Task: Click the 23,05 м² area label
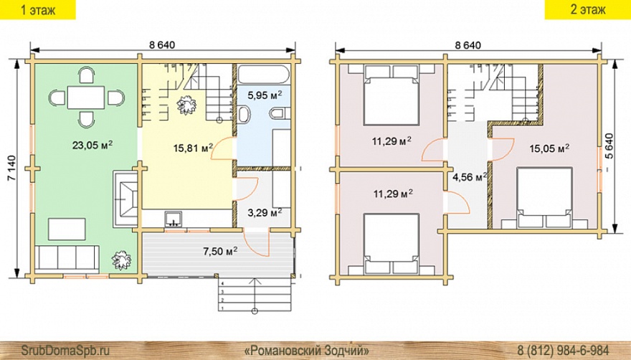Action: pos(92,145)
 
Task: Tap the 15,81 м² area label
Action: pos(193,148)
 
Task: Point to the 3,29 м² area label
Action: pos(264,212)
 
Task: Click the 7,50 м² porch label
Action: pos(219,251)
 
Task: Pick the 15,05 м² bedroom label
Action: pos(549,148)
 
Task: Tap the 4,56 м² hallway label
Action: pos(470,177)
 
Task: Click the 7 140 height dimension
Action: pos(11,168)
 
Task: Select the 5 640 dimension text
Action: pos(609,148)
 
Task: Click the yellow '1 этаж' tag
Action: pos(38,9)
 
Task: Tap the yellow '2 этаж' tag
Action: pos(588,9)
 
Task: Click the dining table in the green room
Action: pos(86,98)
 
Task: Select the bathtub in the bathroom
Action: pos(264,74)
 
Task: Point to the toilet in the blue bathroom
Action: pos(278,113)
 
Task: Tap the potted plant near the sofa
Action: pos(121,260)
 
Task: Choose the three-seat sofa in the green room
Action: pos(67,257)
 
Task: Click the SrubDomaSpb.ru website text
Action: pos(65,349)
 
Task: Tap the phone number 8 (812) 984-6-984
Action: pos(563,349)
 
